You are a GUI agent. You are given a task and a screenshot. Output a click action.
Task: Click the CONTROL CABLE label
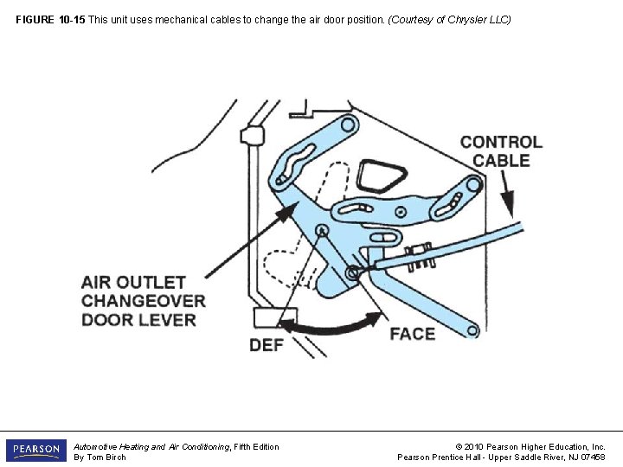point(501,151)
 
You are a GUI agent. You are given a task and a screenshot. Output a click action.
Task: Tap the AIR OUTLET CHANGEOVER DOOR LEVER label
point(144,301)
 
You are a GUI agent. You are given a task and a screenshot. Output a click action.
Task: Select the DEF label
point(267,345)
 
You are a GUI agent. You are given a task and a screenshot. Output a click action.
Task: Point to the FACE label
point(412,334)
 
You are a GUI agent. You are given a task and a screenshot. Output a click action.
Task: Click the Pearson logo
point(36,451)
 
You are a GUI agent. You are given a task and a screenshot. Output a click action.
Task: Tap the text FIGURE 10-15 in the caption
point(51,19)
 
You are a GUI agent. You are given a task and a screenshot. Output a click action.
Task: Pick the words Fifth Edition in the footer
point(257,446)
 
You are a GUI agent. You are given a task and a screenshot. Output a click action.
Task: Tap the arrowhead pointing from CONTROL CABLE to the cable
point(508,209)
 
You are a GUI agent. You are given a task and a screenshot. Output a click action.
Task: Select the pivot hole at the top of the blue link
point(348,125)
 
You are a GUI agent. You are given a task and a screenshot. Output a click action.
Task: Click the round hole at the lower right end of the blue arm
point(472,329)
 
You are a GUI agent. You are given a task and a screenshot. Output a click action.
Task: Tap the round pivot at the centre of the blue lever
point(321,230)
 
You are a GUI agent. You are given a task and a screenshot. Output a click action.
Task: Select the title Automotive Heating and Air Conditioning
point(151,446)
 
